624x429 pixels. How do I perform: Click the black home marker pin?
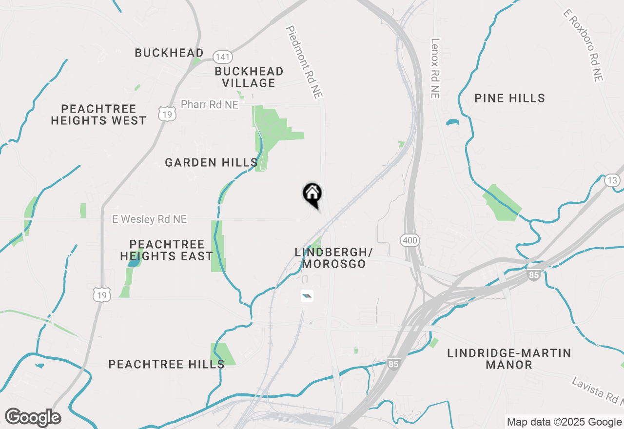point(312,194)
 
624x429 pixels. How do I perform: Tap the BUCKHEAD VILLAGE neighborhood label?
point(249,77)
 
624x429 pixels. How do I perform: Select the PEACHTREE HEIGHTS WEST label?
point(98,115)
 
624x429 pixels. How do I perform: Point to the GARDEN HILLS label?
point(211,162)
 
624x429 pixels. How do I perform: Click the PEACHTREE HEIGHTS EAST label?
point(167,250)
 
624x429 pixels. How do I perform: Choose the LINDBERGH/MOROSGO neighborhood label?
point(334,258)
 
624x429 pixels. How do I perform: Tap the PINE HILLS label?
point(510,98)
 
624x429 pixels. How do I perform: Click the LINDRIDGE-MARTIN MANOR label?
point(509,358)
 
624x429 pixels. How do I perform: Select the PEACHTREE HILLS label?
point(166,364)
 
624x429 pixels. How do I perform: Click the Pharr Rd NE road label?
point(210,104)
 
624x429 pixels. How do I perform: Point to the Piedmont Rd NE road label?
point(305,62)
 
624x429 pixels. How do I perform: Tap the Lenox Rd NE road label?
point(435,68)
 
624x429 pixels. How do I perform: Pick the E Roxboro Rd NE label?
point(583,45)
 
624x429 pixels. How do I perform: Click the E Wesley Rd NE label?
point(150,219)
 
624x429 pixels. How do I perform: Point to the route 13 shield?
point(612,181)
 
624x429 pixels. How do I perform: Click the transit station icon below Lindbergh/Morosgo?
point(307,295)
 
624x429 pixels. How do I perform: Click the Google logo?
point(33,418)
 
